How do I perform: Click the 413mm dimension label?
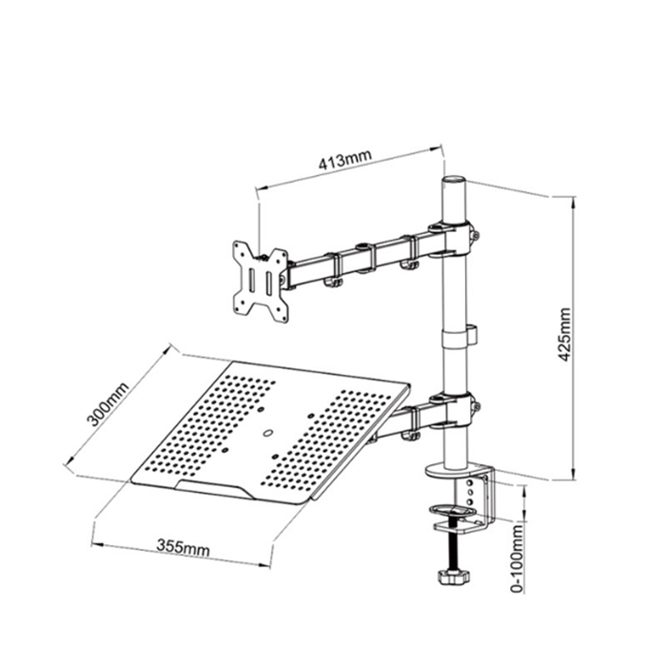point(345,161)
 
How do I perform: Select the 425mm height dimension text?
point(565,335)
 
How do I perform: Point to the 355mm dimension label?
point(183,550)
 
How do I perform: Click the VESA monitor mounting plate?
point(260,277)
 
